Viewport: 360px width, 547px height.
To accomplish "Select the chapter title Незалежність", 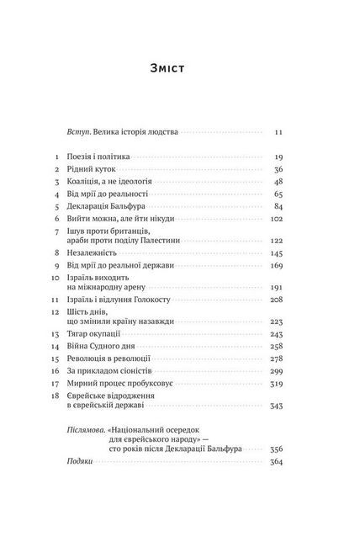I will (95, 252).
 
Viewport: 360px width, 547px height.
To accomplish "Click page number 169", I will (277, 263).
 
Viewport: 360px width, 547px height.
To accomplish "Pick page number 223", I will (277, 321).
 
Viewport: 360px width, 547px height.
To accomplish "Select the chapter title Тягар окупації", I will (95, 333).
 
